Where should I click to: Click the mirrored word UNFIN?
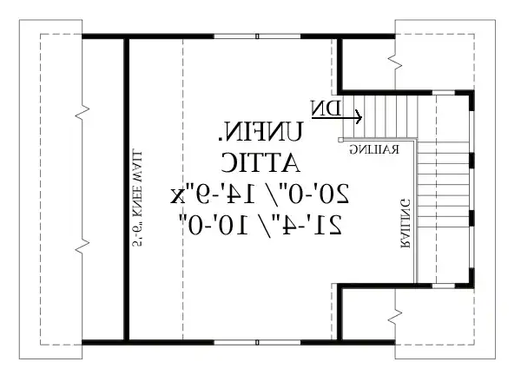click(x=260, y=133)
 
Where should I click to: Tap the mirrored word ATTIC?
click(x=260, y=161)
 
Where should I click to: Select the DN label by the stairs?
click(x=326, y=108)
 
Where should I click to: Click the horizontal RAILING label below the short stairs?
click(x=374, y=150)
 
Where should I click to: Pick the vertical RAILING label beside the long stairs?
click(x=406, y=224)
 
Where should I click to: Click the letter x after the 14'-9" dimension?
click(x=179, y=192)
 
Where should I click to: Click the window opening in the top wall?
click(x=259, y=36)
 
